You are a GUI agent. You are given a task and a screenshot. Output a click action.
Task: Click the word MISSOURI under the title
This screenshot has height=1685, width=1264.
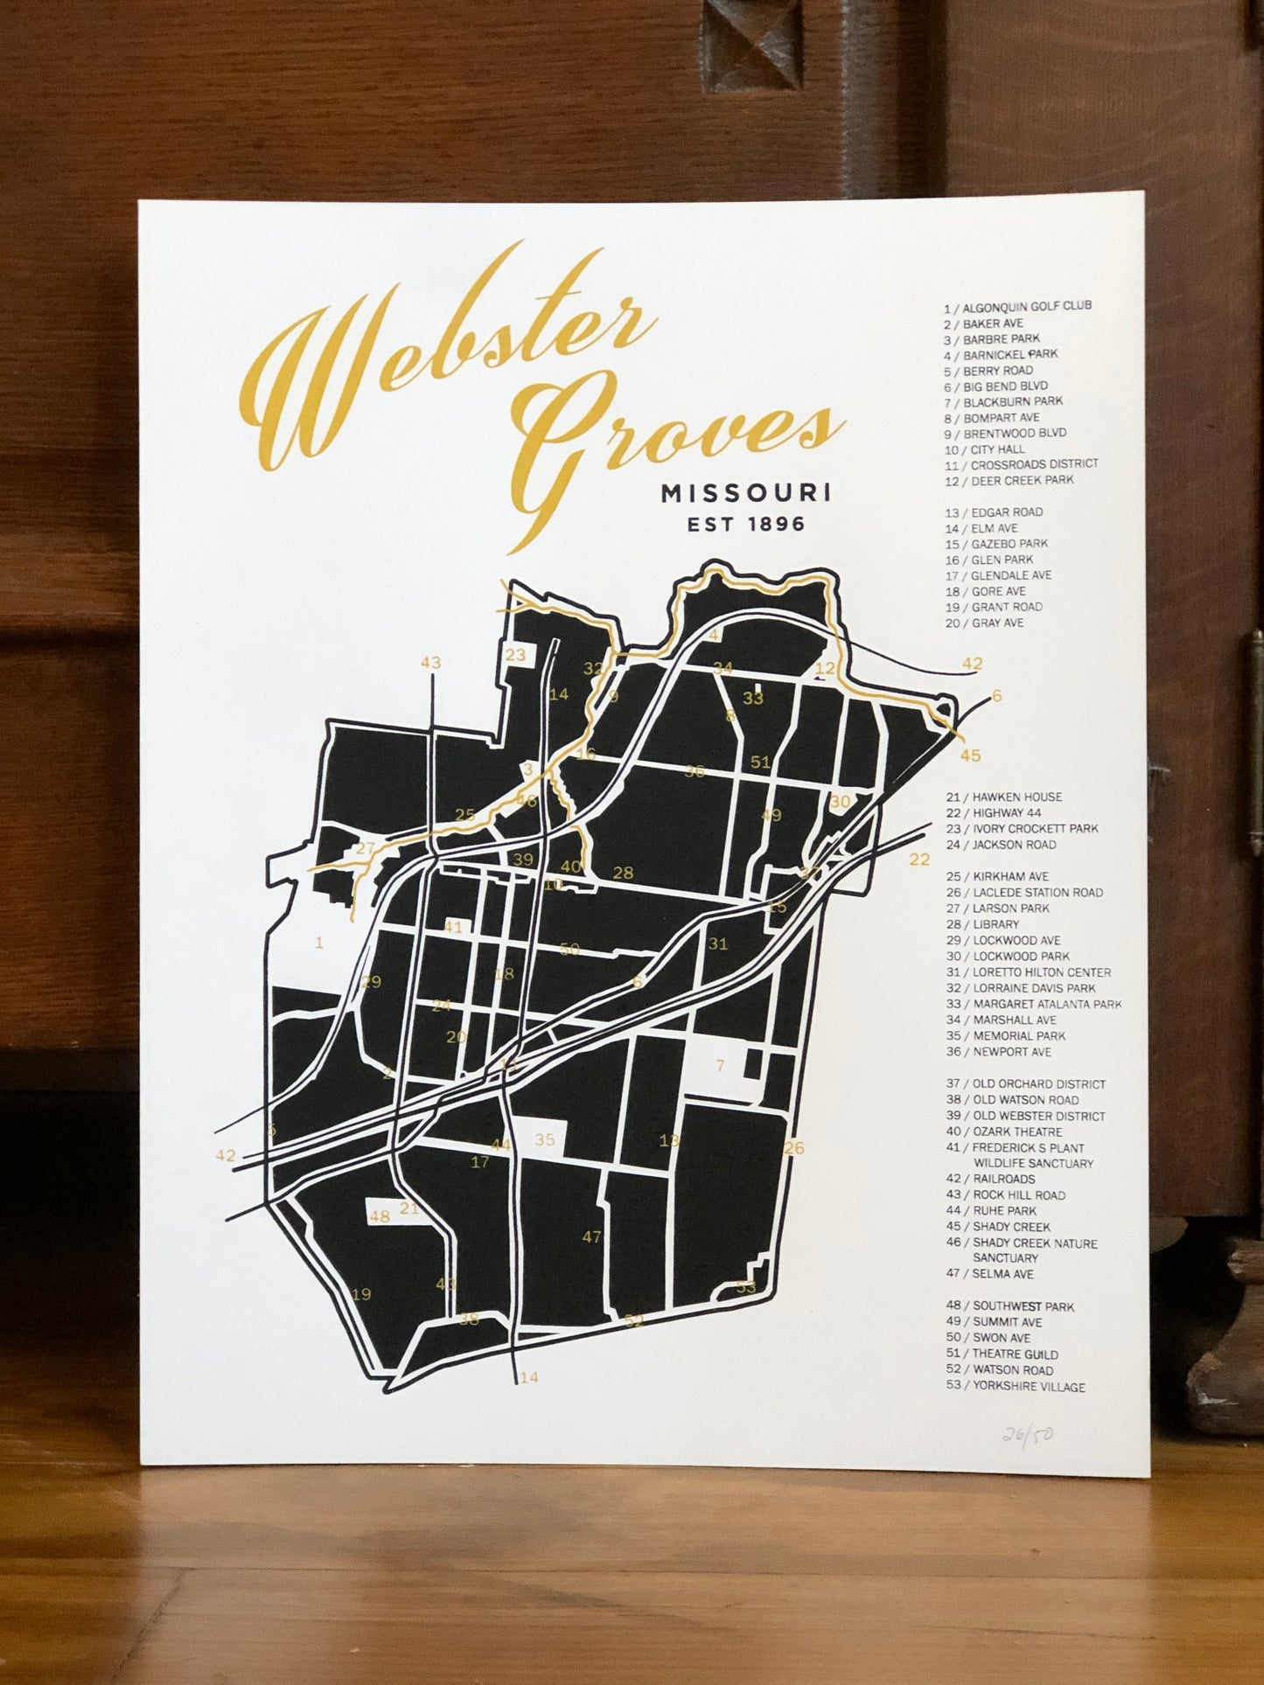745,494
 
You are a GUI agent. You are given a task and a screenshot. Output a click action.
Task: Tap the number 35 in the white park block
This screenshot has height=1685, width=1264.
545,1139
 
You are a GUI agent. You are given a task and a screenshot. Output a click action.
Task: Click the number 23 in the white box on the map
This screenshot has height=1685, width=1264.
516,654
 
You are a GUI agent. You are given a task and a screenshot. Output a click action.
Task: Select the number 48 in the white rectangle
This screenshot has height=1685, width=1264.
379,1216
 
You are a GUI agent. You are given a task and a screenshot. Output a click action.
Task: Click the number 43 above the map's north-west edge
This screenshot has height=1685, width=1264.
430,663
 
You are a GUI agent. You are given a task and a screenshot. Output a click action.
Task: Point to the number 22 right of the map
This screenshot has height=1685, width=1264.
918,860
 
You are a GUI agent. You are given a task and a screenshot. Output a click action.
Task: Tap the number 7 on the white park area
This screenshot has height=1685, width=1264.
720,1066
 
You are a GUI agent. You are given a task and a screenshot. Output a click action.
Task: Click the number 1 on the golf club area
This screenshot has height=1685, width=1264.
319,943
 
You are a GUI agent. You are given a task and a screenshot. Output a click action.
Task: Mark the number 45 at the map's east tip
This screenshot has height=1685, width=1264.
970,755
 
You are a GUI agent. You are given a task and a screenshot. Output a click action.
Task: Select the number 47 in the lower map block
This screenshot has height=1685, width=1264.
591,1237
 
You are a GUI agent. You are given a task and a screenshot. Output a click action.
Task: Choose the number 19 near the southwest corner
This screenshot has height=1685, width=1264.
361,1294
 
